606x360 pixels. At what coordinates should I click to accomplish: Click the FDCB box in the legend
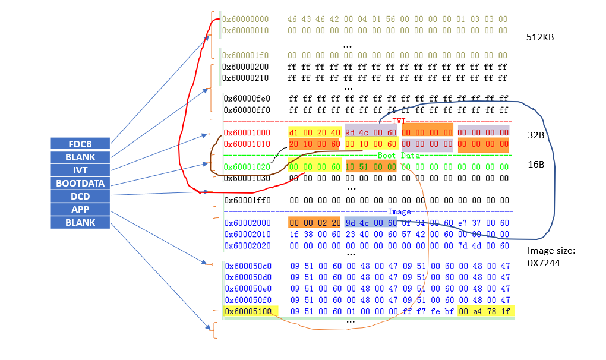pos(80,143)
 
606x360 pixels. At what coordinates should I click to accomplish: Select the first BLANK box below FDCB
pos(80,157)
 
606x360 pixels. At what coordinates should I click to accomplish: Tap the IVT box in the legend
pos(80,170)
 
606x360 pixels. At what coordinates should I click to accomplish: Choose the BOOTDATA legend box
pos(80,183)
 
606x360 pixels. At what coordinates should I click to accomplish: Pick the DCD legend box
pos(80,196)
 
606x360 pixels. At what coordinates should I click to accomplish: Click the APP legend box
pos(80,209)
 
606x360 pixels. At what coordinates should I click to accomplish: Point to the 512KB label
pos(540,37)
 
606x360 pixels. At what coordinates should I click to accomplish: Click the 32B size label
pos(536,135)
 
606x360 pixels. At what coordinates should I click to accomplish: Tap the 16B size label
pos(536,164)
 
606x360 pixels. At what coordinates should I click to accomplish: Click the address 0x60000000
pos(245,20)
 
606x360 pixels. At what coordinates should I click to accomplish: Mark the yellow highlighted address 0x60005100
pos(248,311)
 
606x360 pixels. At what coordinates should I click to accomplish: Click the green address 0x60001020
pos(247,167)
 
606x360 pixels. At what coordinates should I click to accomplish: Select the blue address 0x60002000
pos(247,223)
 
